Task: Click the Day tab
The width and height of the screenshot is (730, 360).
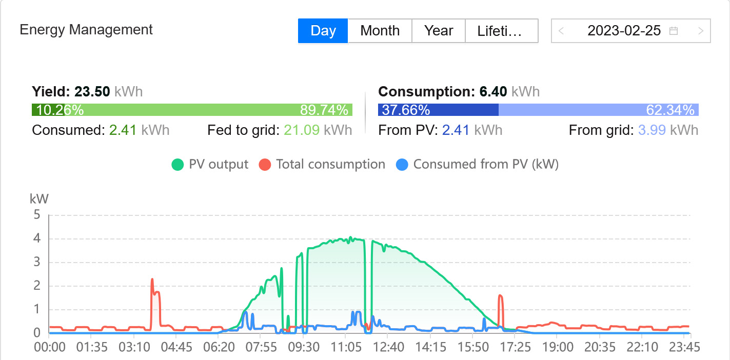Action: (323, 31)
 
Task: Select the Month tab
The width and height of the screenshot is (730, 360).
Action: (380, 31)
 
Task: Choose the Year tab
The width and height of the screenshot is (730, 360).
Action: (439, 31)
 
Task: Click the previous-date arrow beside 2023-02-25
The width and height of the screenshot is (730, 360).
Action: (561, 31)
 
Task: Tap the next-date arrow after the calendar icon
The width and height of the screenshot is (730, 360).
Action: (701, 31)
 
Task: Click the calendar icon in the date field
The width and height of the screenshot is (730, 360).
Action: (674, 31)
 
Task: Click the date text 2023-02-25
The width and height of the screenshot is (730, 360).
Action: (624, 31)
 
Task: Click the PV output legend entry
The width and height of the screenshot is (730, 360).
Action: (210, 165)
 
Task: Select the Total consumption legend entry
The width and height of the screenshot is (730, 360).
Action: (322, 165)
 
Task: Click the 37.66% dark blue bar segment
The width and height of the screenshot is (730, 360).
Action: (438, 110)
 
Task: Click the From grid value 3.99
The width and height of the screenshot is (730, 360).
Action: (652, 130)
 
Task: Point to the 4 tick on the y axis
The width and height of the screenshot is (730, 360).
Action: (37, 238)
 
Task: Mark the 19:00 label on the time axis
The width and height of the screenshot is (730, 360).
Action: (558, 347)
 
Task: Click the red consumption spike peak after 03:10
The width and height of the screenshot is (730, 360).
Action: (152, 280)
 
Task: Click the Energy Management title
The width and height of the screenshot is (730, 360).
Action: (86, 30)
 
